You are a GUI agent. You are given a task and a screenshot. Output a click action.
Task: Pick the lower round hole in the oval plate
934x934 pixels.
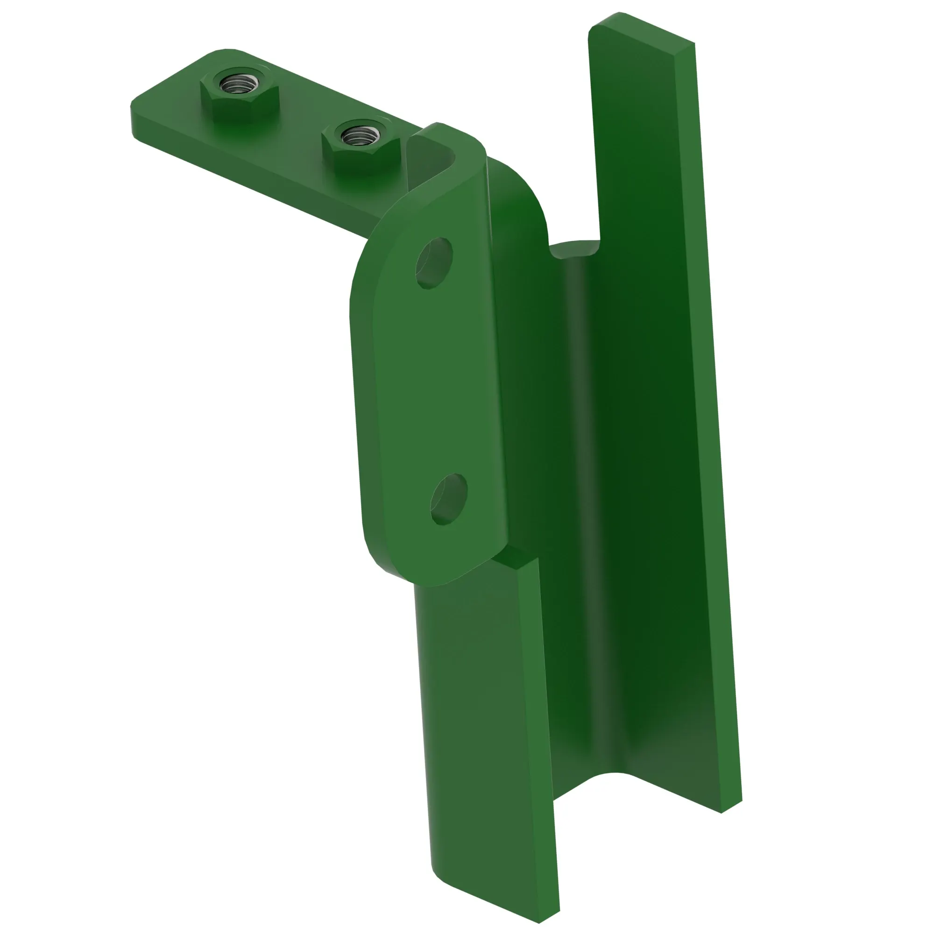pos(448,498)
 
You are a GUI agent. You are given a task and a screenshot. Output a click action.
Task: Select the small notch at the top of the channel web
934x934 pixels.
pos(575,249)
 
